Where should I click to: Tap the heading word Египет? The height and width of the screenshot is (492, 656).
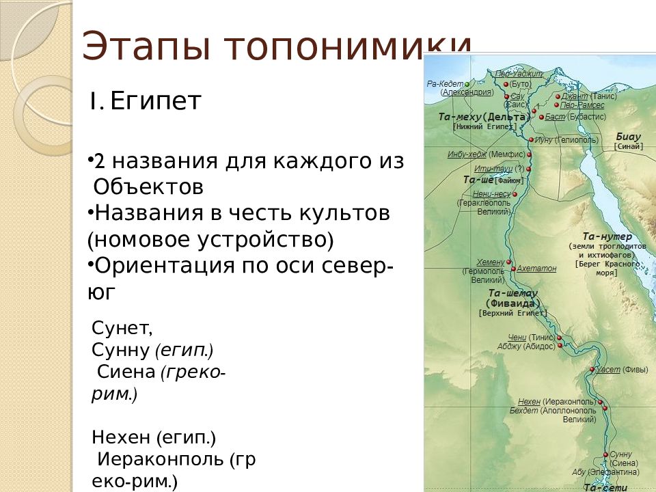coord(156,102)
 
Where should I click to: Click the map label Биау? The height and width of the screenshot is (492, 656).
coord(629,136)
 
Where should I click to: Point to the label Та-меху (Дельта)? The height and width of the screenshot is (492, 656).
coord(484,117)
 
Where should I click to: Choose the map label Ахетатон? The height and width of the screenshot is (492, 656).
coord(536,269)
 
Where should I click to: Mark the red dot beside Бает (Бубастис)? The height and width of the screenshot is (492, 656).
coord(541,118)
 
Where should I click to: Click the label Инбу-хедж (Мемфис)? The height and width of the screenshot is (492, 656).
coord(487,154)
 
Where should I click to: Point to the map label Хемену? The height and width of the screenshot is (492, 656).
coord(491,262)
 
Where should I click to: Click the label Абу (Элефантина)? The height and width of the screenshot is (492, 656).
coord(605,472)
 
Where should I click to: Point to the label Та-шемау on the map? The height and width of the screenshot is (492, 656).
coord(512,293)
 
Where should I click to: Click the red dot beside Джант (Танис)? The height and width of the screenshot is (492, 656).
coord(558,97)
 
